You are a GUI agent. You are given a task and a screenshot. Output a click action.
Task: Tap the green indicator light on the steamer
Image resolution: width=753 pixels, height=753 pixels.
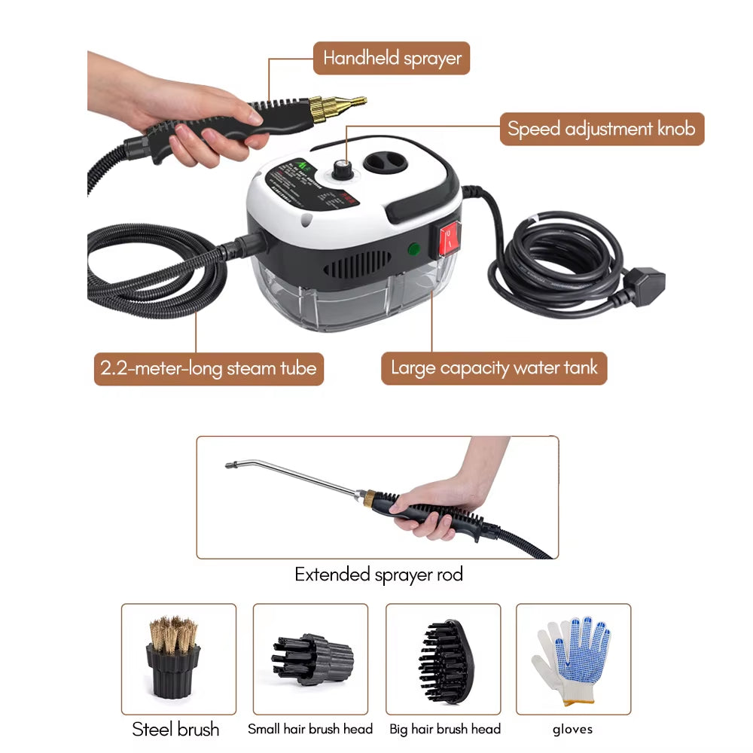click(x=413, y=248)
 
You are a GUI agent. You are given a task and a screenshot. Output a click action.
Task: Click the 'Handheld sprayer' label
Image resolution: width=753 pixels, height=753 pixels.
click(x=392, y=58)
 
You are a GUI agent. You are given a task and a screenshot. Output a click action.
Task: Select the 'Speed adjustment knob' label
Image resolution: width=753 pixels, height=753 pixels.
click(x=602, y=129)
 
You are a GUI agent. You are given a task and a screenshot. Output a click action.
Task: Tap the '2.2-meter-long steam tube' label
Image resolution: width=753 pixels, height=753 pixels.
click(x=209, y=369)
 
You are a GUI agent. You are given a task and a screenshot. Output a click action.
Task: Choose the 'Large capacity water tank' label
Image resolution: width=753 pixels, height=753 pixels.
click(x=493, y=368)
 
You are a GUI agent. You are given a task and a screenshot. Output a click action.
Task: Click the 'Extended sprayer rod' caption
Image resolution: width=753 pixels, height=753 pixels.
click(x=378, y=575)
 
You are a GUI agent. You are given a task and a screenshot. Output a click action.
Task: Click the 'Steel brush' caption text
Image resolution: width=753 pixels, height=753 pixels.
click(x=175, y=729)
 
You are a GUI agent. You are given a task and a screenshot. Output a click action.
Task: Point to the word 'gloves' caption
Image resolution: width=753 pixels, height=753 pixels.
click(x=572, y=729)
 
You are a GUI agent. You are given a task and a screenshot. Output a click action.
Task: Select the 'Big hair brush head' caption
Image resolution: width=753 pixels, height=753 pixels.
click(x=444, y=729)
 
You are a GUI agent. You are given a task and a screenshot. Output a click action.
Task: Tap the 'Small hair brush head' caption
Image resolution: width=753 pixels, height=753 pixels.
click(x=310, y=729)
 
